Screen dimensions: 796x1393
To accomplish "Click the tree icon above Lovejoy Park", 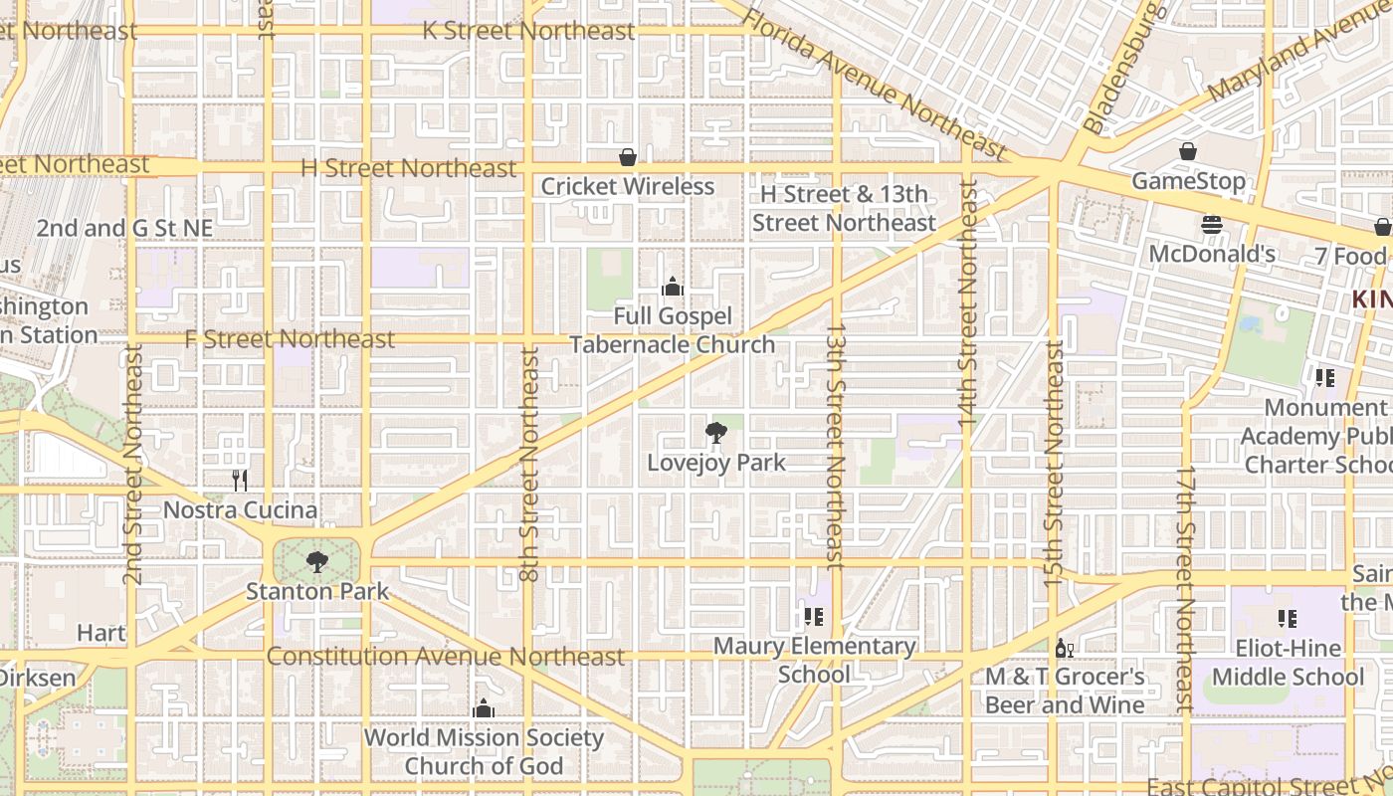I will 715,432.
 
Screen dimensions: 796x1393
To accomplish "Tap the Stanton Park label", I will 317,591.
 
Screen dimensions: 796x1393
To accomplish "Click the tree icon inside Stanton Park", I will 316,562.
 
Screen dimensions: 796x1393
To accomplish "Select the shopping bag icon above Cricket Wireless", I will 628,157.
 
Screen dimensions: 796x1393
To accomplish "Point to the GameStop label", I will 1188,181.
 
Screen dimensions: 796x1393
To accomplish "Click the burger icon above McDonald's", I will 1211,225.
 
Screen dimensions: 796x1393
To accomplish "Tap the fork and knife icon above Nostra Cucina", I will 240,481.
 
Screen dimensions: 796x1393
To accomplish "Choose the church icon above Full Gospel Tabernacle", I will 673,288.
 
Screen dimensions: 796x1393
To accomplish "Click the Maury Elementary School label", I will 815,660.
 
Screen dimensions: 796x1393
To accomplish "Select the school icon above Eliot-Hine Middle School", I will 1288,619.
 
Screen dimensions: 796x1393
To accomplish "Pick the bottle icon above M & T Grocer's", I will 1064,648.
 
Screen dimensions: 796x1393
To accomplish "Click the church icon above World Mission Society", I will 484,708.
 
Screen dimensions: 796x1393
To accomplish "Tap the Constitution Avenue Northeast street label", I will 445,657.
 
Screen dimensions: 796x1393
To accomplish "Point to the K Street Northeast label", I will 528,31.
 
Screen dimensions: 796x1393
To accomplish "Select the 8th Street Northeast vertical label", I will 529,464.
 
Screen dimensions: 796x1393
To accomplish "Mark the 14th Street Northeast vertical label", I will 968,305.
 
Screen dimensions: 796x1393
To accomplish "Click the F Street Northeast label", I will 290,339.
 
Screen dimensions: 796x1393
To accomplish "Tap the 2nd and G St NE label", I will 124,228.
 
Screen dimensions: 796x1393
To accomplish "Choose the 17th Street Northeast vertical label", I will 1184,588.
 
